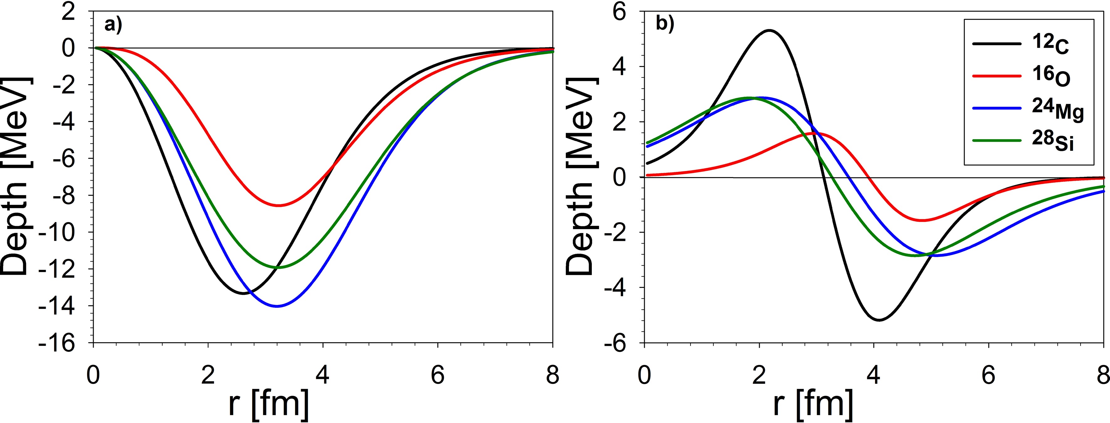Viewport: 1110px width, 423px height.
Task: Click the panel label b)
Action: click(665, 24)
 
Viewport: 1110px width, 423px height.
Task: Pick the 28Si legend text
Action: click(1052, 142)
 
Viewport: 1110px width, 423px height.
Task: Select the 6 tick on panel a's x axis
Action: click(438, 375)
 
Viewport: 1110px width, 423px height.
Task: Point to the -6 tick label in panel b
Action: click(620, 343)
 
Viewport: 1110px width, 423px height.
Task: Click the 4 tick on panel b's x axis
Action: click(874, 375)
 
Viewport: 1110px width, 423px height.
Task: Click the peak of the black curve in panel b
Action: click(769, 30)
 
